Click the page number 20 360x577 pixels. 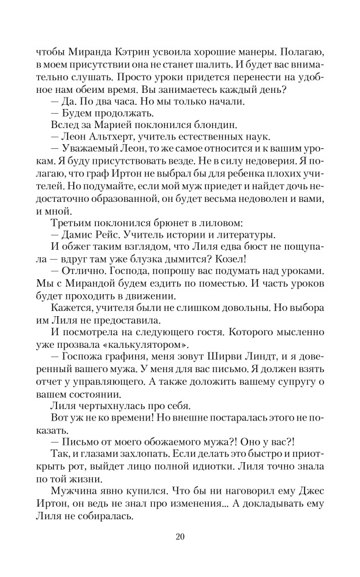click(x=180, y=538)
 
